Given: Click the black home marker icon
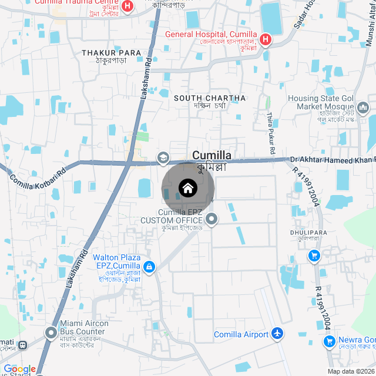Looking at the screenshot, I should click(187, 188).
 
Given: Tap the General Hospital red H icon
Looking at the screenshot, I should click(266, 39).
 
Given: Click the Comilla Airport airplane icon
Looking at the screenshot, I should click(277, 334).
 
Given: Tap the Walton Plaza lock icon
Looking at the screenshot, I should click(149, 267).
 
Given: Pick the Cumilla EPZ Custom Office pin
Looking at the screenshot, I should click(212, 220).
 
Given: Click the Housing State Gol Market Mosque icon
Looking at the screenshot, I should click(362, 108).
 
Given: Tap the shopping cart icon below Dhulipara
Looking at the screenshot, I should click(314, 256).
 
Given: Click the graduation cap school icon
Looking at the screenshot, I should click(162, 157).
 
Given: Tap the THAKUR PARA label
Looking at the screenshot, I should click(112, 53).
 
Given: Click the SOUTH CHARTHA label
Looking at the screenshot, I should click(210, 98).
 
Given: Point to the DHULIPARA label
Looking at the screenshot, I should click(308, 233).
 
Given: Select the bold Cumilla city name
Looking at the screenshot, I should click(211, 155).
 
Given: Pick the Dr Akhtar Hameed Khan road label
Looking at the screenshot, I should click(332, 160).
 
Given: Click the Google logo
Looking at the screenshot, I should click(19, 369).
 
